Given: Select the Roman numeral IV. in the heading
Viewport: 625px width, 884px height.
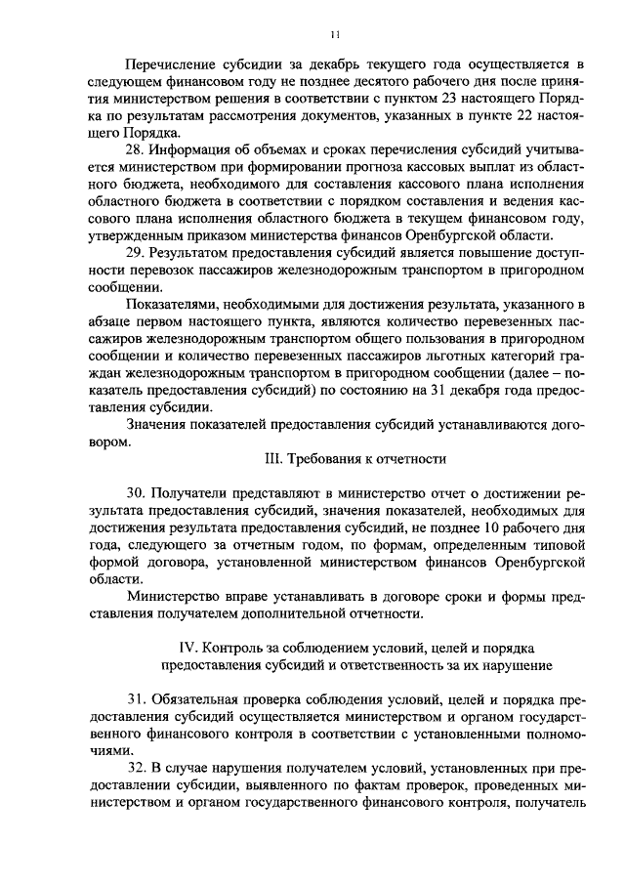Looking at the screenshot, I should coord(186,648).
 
